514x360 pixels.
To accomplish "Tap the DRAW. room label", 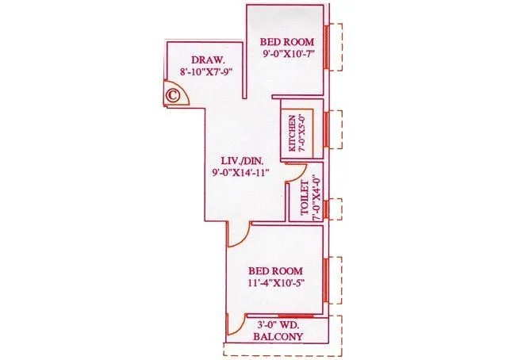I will [209, 60].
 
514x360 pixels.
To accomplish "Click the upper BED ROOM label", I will [289, 42].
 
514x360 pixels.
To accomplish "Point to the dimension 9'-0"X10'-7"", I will [289, 56].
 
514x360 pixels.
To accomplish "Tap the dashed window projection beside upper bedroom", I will [337, 48].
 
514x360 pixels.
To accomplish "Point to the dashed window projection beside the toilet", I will [336, 208].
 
